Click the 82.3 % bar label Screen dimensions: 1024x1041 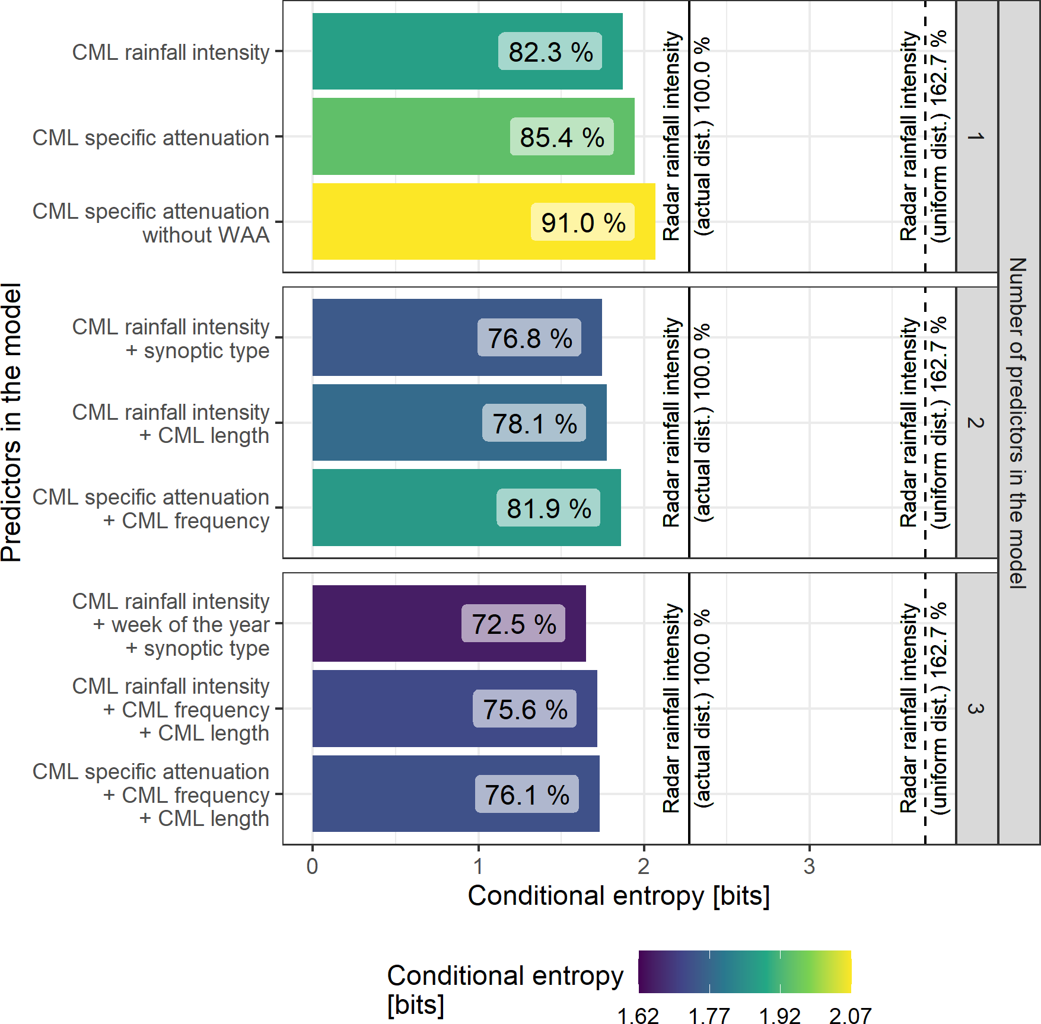[x=550, y=52]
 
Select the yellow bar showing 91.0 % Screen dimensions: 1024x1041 [x=415, y=221]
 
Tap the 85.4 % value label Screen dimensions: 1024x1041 [x=562, y=137]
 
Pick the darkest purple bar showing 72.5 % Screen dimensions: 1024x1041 [x=386, y=623]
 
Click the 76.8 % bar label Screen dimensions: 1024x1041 [x=529, y=338]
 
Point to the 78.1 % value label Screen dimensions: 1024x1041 [x=534, y=423]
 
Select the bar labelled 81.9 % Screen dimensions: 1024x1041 [x=403, y=508]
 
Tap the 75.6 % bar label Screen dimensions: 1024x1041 [x=524, y=709]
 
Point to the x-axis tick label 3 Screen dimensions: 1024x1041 [x=809, y=866]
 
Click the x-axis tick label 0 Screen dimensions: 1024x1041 [x=313, y=866]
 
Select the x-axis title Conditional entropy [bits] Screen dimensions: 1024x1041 [x=619, y=895]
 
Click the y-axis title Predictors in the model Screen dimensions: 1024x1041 [x=12, y=422]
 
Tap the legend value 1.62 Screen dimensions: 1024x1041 [x=638, y=1015]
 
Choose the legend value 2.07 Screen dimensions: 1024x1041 [x=851, y=1015]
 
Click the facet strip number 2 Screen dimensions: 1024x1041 [x=976, y=422]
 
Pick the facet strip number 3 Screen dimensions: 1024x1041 [x=976, y=709]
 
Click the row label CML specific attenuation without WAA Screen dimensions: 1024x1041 [x=151, y=223]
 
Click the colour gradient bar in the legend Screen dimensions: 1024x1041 [x=744, y=972]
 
